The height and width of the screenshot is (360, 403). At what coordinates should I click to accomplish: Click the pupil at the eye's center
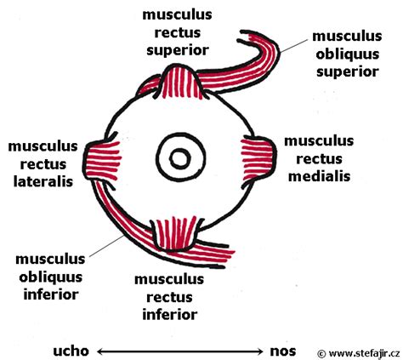[x=180, y=158]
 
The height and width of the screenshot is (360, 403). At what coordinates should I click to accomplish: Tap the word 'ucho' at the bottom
[x=71, y=351]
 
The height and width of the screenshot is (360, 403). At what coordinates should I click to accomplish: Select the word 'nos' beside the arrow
[x=283, y=351]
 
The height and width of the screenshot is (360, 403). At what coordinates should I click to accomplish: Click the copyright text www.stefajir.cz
[x=359, y=354]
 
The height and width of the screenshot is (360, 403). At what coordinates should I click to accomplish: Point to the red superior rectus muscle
[x=182, y=83]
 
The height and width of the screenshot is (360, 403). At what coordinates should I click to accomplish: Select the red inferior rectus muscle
[x=176, y=233]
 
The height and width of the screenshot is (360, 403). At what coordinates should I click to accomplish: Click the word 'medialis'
[x=319, y=176]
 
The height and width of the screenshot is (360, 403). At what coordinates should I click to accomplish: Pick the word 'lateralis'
[x=43, y=181]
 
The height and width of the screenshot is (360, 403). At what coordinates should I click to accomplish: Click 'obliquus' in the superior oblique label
[x=348, y=54]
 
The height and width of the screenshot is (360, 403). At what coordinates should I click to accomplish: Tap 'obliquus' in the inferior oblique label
[x=50, y=277]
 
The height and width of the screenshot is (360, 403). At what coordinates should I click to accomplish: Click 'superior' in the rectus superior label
[x=178, y=50]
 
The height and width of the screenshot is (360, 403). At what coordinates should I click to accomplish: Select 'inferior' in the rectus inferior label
[x=170, y=315]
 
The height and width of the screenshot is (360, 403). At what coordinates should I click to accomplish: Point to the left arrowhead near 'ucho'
[x=100, y=351]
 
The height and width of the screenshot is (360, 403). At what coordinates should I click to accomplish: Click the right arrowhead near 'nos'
[x=260, y=351]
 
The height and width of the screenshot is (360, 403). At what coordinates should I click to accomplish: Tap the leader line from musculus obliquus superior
[x=293, y=46]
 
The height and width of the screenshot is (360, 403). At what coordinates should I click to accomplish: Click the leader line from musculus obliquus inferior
[x=106, y=246]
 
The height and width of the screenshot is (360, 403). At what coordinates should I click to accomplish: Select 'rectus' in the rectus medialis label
[x=319, y=159]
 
